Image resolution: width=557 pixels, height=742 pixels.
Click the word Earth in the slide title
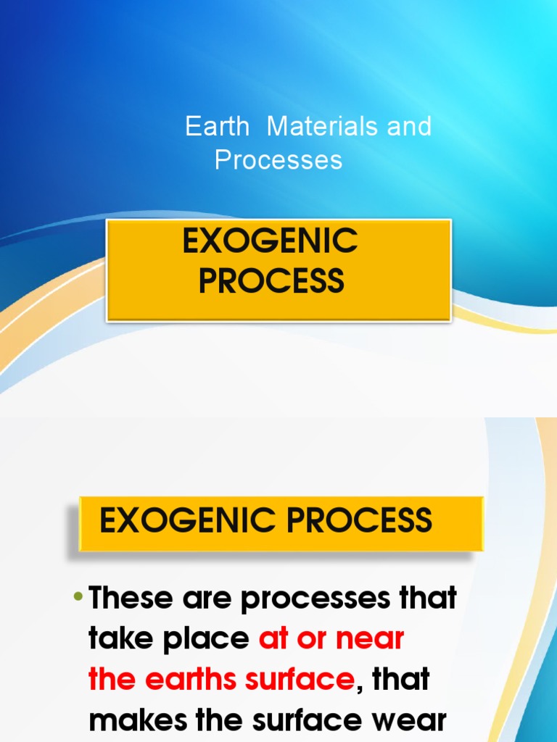217,127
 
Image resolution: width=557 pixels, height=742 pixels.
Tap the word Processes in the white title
278,159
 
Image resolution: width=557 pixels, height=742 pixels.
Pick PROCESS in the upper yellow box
271,280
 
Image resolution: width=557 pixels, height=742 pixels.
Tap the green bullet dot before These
78,598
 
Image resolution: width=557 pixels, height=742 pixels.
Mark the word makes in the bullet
135,721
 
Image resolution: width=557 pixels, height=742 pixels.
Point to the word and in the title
409,127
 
